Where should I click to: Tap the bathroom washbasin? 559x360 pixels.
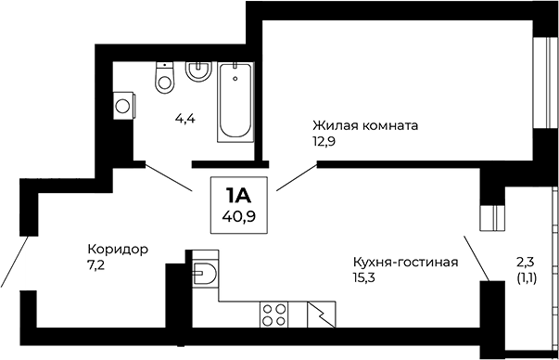197,71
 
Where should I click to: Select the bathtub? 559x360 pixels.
235,102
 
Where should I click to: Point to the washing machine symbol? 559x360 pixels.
121,105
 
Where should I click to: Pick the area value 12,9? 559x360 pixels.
324,140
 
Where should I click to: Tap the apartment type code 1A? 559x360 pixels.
239,196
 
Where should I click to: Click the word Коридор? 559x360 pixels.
118,249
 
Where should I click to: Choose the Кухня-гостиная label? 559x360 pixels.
405,261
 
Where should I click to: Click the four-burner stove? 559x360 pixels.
273,315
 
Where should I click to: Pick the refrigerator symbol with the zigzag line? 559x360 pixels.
321,315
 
